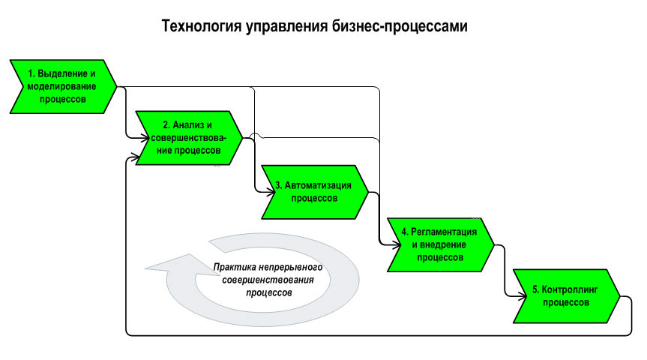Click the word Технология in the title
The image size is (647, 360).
[202, 26]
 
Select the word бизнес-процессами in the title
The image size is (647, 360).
[400, 26]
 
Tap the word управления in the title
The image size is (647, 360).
[287, 27]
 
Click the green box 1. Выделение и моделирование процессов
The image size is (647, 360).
[63, 87]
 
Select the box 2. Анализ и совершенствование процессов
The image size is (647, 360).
[189, 138]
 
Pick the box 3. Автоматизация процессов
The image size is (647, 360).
[315, 192]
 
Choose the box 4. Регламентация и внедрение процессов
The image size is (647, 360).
[440, 244]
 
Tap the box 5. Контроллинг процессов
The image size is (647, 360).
[566, 296]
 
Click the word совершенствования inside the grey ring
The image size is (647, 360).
[268, 280]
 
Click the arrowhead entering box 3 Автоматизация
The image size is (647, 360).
[271, 192]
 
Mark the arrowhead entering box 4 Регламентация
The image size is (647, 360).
[397, 244]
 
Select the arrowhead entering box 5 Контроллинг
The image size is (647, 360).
[523, 296]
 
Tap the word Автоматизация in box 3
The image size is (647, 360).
[318, 185]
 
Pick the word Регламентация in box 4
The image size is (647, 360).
[444, 232]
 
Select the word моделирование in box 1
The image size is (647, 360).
[61, 87]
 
